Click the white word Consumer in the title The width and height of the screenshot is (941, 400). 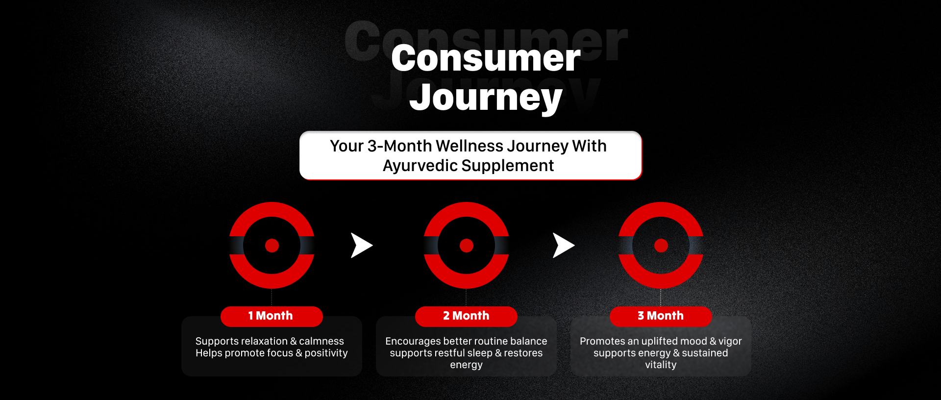pyautogui.click(x=486, y=58)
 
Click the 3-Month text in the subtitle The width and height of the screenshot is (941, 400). pyautogui.click(x=399, y=146)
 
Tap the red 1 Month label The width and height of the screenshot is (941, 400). pyautogui.click(x=272, y=316)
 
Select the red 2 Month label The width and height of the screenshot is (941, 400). pyautogui.click(x=466, y=316)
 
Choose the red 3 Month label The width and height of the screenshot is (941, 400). pyautogui.click(x=661, y=316)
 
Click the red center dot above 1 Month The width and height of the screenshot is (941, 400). pyautogui.click(x=272, y=246)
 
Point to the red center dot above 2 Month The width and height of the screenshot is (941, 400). pyautogui.click(x=467, y=246)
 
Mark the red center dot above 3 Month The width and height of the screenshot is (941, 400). pyautogui.click(x=661, y=246)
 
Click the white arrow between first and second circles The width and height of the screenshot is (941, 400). pyautogui.click(x=361, y=246)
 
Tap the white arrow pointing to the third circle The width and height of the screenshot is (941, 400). pyautogui.click(x=563, y=246)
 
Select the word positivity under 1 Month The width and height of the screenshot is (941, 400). pyautogui.click(x=326, y=353)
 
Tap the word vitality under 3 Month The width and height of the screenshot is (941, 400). pyautogui.click(x=661, y=365)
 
